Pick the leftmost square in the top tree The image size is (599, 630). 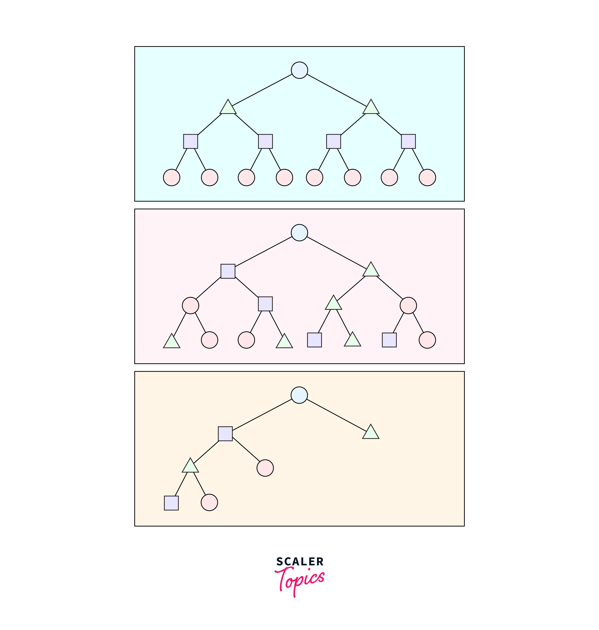click(191, 141)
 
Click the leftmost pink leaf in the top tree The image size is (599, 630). click(172, 177)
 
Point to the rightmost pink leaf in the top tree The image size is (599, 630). click(427, 177)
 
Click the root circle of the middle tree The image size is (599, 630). click(299, 233)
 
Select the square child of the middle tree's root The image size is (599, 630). click(228, 271)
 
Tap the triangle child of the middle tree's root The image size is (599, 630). click(371, 270)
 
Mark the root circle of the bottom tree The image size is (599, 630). click(299, 395)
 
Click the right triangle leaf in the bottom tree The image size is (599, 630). click(371, 433)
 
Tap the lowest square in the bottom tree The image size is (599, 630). click(171, 503)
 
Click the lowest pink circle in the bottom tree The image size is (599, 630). click(209, 503)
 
